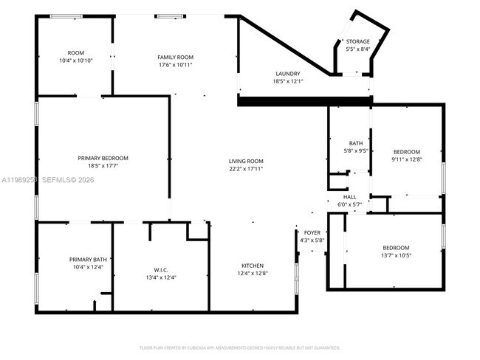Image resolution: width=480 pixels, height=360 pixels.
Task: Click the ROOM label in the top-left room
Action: coord(75,52)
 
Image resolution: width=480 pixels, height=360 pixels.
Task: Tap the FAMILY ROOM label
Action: coord(175,58)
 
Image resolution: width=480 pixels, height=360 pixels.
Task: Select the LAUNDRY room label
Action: coord(287,73)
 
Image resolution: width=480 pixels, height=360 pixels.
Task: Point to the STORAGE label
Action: coord(357,41)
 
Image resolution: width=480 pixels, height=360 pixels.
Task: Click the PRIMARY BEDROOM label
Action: coord(103,158)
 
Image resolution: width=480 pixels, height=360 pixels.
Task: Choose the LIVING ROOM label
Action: coord(246,161)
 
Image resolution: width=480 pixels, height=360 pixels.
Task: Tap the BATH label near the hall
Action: coord(356,143)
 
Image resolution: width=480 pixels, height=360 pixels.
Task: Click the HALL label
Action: coord(349,197)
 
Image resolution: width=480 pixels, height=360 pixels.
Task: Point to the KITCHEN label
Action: coord(252,266)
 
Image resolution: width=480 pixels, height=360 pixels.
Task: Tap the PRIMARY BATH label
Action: coord(88,259)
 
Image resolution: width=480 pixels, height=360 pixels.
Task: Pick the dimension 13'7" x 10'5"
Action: coord(395,255)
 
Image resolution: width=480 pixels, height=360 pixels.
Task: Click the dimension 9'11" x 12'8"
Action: coord(405,159)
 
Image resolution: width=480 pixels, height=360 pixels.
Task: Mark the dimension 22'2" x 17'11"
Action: coord(246,169)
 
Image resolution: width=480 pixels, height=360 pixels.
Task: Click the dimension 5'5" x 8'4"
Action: coord(357,49)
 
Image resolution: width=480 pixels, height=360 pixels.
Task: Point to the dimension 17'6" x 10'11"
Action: coord(175,65)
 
